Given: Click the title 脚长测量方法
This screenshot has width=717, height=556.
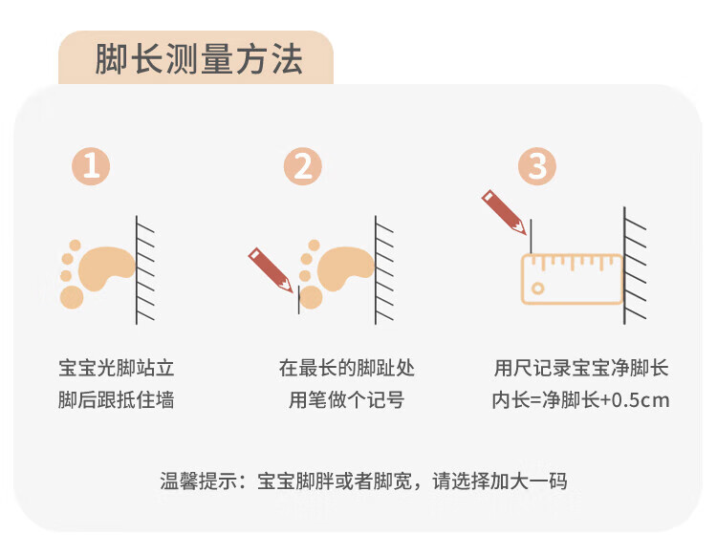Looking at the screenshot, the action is pyautogui.click(x=199, y=59).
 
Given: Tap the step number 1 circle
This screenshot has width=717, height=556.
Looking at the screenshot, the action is pyautogui.click(x=91, y=166).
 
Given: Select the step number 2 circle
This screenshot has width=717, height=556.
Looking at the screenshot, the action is pyautogui.click(x=303, y=166).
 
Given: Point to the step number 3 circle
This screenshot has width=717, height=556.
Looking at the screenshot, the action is pyautogui.click(x=537, y=166).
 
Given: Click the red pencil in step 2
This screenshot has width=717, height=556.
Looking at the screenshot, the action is pyautogui.click(x=271, y=270).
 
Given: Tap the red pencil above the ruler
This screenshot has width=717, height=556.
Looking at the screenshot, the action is pyautogui.click(x=504, y=212).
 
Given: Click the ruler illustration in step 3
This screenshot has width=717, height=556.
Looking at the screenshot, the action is pyautogui.click(x=572, y=279).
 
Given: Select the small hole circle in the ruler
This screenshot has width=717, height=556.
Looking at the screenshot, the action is pyautogui.click(x=538, y=289).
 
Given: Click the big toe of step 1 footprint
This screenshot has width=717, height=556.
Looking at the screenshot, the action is pyautogui.click(x=72, y=297).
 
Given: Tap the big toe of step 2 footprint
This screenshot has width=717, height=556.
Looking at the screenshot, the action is pyautogui.click(x=311, y=297).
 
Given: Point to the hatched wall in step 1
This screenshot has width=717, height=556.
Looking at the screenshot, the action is pyautogui.click(x=145, y=270).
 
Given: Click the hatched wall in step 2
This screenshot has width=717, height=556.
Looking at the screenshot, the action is pyautogui.click(x=384, y=270).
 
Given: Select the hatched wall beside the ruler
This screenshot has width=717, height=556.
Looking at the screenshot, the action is pyautogui.click(x=635, y=266).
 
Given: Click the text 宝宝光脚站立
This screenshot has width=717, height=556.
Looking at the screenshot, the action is pyautogui.click(x=117, y=368).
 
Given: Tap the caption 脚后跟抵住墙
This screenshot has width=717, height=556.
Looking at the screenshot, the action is pyautogui.click(x=117, y=399).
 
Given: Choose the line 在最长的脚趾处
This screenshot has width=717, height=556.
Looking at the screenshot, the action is pyautogui.click(x=347, y=368).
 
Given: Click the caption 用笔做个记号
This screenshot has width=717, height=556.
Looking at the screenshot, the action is pyautogui.click(x=347, y=399).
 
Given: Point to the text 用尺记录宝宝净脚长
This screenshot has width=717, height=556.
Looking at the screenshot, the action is pyautogui.click(x=581, y=368).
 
